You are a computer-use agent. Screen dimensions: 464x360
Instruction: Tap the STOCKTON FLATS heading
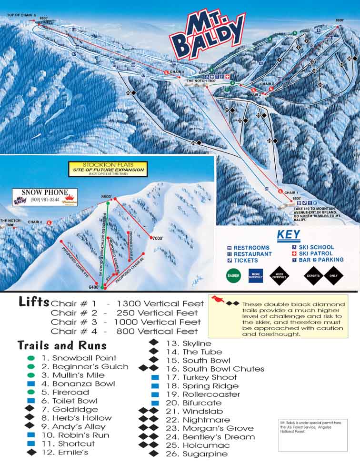tap(107, 163)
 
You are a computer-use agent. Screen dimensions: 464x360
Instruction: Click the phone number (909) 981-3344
tap(45, 200)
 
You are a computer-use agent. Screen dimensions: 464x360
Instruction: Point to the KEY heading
tap(288, 234)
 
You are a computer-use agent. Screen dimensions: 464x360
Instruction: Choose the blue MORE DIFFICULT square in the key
tap(256, 275)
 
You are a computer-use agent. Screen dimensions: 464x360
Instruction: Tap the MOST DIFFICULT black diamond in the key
tap(280, 275)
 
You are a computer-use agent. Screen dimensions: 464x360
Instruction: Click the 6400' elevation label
tap(93, 287)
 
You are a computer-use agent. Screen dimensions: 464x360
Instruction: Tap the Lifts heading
tap(33, 302)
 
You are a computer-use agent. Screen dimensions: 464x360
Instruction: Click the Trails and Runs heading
tap(62, 345)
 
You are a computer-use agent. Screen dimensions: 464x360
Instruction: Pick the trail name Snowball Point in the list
tap(84, 358)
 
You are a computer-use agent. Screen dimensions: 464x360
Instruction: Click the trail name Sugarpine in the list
tap(205, 454)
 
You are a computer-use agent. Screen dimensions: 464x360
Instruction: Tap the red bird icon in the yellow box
tap(219, 301)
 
